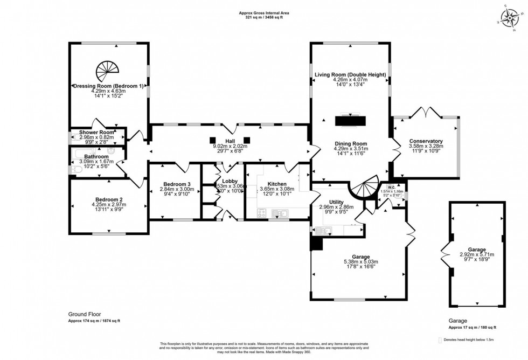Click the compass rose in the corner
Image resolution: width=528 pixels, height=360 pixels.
click(508, 18)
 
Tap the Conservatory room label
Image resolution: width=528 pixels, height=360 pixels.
click(425, 141)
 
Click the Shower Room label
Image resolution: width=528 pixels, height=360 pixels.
click(96, 132)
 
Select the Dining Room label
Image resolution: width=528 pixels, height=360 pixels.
click(351, 143)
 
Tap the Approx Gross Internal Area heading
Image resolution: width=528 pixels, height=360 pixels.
click(261, 13)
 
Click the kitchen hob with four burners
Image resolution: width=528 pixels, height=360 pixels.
click(262, 213)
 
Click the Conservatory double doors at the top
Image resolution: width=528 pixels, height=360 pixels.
click(426, 113)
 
